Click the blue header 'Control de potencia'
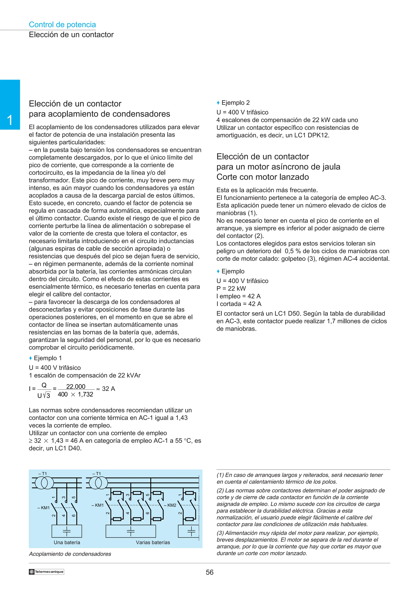pyautogui.click(x=62, y=25)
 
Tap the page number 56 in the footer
pyautogui.click(x=209, y=572)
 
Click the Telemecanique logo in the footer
pyautogui.click(x=46, y=572)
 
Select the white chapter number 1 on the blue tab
pyautogui.click(x=10, y=120)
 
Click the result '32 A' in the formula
pyautogui.click(x=108, y=389)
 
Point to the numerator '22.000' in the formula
pyautogui.click(x=76, y=386)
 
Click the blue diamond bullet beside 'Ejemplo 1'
pyautogui.click(x=30, y=358)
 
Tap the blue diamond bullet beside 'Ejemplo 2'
pyautogui.click(x=218, y=103)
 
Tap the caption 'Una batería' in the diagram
pyautogui.click(x=67, y=543)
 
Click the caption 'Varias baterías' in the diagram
pyautogui.click(x=153, y=543)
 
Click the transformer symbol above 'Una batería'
pyautogui.click(x=44, y=483)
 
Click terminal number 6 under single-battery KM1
pyautogui.click(x=74, y=515)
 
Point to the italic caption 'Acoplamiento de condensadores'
pyautogui.click(x=70, y=554)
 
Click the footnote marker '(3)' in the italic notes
pyautogui.click(x=220, y=533)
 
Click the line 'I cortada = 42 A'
pyautogui.click(x=239, y=304)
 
